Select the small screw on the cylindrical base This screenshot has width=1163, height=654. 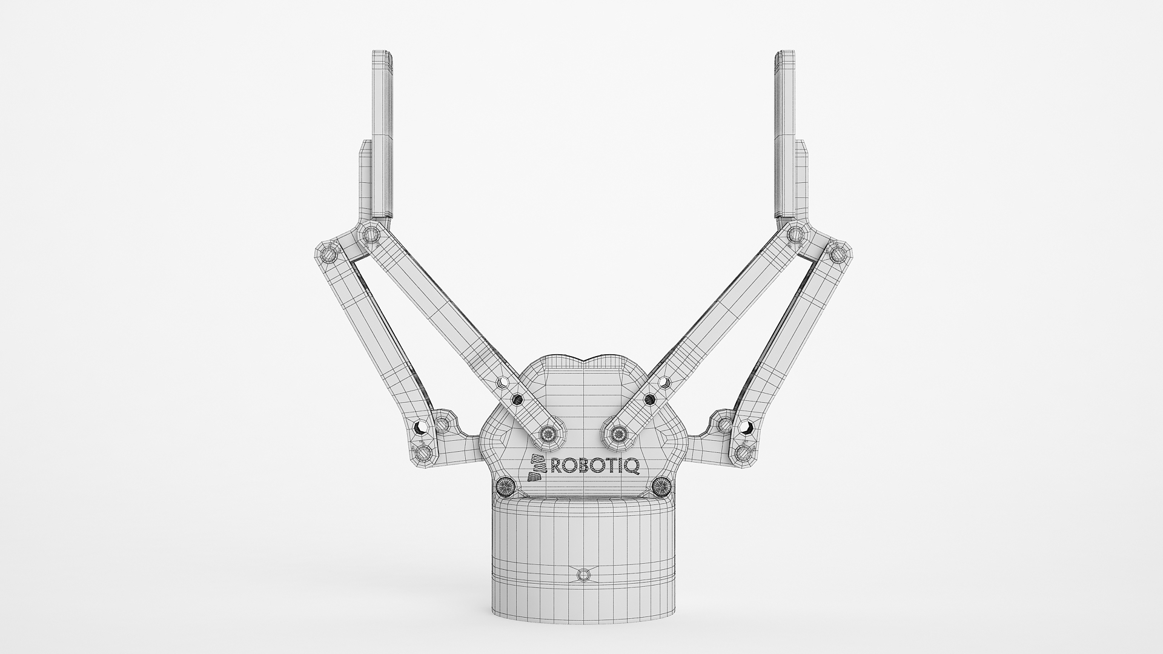coord(583,574)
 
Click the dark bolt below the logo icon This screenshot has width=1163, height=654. coord(504,486)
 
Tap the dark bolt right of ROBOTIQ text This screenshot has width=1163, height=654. coord(662,486)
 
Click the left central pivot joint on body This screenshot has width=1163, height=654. coord(549,432)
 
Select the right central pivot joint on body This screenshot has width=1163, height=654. coord(617,432)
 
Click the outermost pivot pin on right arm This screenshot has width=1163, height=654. coord(838,253)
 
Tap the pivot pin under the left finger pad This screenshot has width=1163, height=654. coord(371,234)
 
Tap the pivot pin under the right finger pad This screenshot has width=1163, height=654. coord(795,233)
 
